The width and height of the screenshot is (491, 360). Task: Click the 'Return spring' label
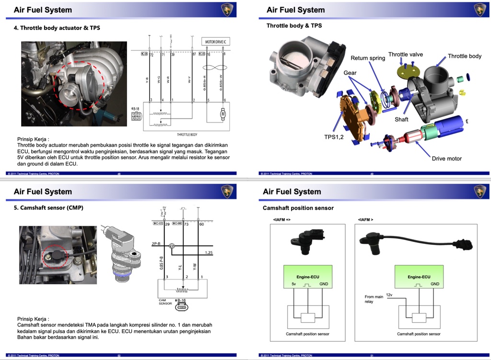tap(368, 58)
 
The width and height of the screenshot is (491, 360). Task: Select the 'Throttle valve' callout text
tap(405, 54)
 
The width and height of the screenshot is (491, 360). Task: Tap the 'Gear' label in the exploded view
tap(350, 73)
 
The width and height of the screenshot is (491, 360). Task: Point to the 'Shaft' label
tap(401, 119)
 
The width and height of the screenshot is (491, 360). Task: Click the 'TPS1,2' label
tap(334, 137)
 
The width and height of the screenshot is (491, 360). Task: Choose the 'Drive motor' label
tap(446, 159)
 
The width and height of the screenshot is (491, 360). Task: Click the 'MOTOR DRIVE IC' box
tap(216, 42)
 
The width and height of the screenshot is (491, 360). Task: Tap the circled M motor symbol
tap(222, 114)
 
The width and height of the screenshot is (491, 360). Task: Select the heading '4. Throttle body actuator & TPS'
tap(57, 28)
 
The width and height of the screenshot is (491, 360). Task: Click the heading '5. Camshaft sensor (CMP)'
tap(48, 208)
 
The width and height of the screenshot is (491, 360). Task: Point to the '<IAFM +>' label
tap(281, 219)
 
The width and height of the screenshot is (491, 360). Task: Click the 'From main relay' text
tap(374, 299)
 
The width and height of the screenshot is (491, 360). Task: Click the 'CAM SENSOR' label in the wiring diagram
tap(165, 302)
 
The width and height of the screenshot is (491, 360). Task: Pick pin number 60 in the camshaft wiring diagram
tap(201, 224)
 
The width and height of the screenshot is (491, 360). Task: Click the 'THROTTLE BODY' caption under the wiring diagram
tap(187, 135)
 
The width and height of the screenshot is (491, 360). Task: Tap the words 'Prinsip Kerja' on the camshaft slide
tap(33, 319)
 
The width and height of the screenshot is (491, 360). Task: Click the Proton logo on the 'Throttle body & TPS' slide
tap(480, 10)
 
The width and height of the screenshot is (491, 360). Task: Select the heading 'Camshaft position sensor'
tap(298, 208)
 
